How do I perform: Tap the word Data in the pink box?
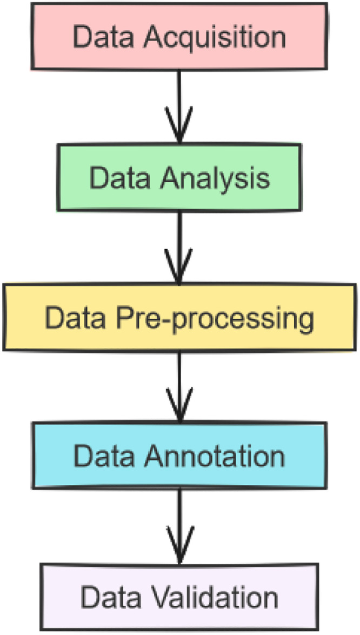click(x=98, y=36)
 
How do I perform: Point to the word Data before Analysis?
click(x=115, y=177)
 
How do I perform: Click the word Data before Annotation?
click(x=98, y=457)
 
